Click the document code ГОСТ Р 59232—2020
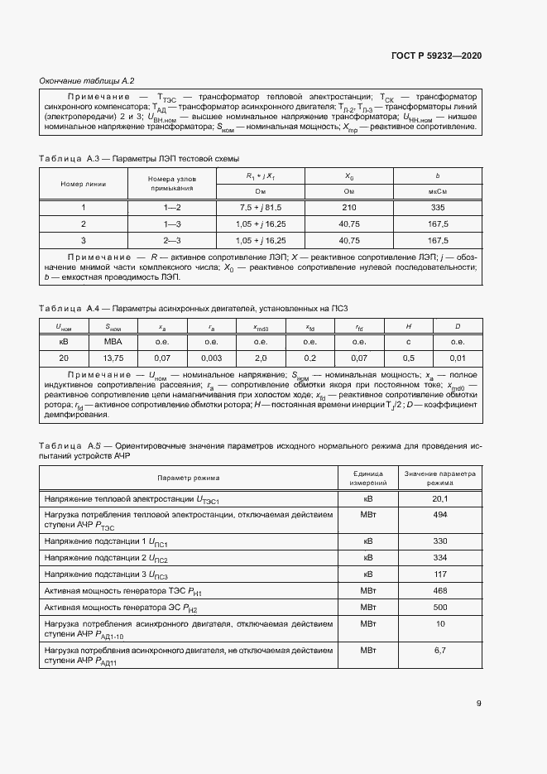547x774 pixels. (435, 55)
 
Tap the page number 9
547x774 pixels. (478, 704)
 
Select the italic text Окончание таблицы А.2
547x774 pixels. (87, 80)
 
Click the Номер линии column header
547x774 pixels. (84, 183)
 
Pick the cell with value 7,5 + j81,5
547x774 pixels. (260, 207)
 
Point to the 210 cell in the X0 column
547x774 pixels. (348, 207)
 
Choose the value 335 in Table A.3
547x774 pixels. (438, 207)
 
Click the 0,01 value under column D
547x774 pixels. (456, 358)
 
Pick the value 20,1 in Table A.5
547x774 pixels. (440, 499)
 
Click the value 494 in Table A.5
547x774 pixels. (440, 515)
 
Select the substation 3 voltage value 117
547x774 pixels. (440, 574)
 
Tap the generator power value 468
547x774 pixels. (440, 590)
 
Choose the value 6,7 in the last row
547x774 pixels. (440, 651)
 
